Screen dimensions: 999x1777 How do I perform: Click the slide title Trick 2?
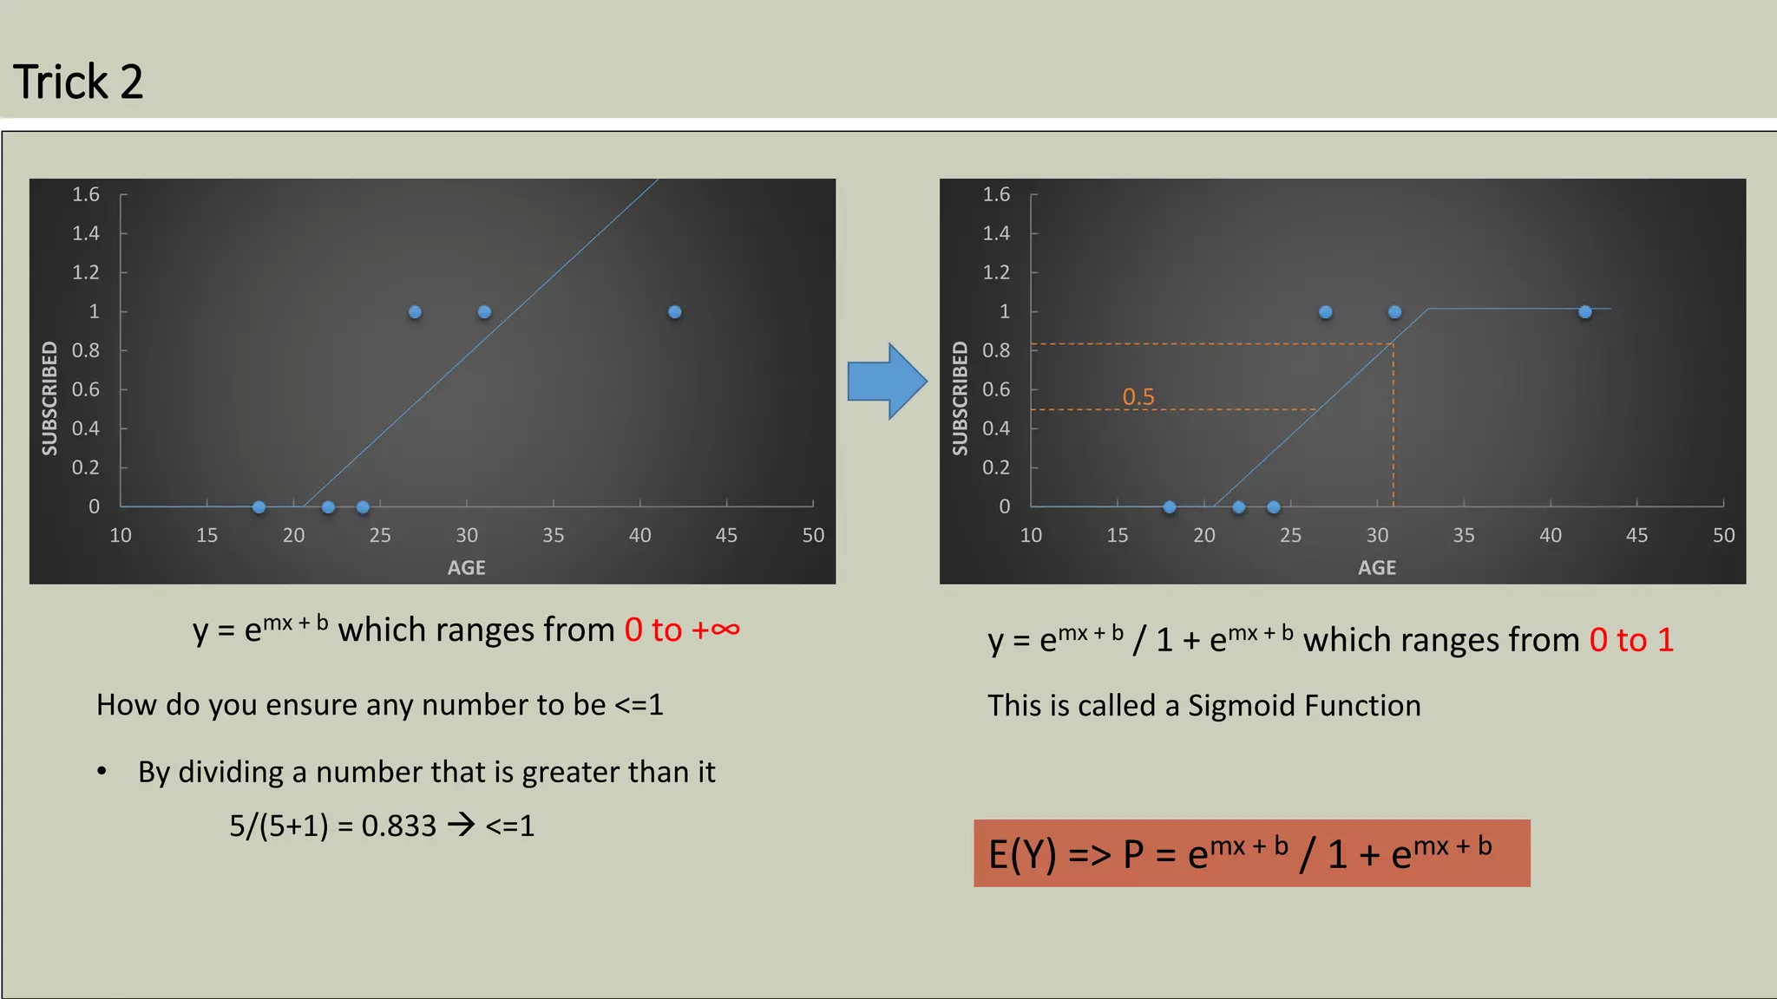(78, 82)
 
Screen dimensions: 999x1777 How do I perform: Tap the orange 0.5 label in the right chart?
(1138, 397)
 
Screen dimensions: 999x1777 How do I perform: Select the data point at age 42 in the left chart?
(675, 312)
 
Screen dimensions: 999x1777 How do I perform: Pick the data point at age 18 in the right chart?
(1170, 507)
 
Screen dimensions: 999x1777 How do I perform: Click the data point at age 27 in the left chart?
(415, 312)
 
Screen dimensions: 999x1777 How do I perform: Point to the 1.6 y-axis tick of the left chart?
(86, 194)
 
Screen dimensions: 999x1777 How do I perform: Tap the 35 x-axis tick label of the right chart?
(1464, 536)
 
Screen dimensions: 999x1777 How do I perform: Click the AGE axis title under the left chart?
(466, 568)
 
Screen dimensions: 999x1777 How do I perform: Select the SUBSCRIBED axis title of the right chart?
(960, 398)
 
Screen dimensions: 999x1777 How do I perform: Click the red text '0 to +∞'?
(682, 630)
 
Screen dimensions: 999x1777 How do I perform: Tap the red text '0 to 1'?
(1631, 641)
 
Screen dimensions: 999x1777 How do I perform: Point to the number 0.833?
(398, 826)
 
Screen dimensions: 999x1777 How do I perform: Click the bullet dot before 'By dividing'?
(102, 771)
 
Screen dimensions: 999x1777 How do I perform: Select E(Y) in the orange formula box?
(1022, 855)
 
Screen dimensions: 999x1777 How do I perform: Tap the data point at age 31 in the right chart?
(1394, 312)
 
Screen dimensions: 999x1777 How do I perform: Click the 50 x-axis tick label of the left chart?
(813, 536)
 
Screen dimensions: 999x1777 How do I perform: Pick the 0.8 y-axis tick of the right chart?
(996, 350)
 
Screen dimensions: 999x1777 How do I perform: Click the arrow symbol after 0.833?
(461, 824)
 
